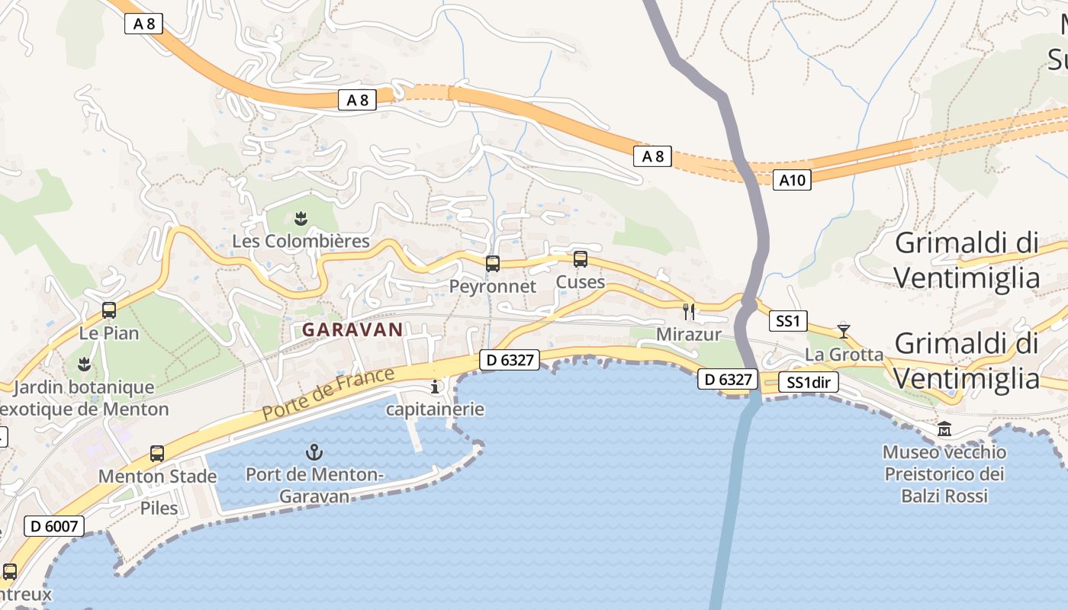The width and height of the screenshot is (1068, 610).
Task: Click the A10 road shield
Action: (x=791, y=180)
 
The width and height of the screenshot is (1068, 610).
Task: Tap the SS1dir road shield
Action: (x=809, y=383)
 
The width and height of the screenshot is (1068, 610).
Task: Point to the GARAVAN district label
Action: (x=352, y=329)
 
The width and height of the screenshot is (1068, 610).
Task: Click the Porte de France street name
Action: (x=329, y=393)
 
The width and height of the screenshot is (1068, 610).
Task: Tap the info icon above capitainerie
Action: (x=436, y=387)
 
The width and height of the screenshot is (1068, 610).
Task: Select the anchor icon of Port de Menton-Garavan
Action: (x=314, y=452)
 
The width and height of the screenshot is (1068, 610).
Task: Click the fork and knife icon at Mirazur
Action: (x=689, y=311)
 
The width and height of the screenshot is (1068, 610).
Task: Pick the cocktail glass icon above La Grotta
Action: (x=843, y=331)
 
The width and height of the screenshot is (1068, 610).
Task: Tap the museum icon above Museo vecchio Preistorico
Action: (x=944, y=429)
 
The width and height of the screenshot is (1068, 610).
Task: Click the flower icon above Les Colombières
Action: (x=301, y=220)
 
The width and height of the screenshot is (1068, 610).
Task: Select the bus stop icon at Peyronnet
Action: (x=493, y=264)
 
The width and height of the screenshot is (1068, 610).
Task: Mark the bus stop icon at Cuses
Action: (x=581, y=259)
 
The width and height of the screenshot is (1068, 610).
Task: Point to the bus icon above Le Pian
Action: (x=109, y=310)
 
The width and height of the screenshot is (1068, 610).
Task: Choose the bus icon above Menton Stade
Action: (x=157, y=454)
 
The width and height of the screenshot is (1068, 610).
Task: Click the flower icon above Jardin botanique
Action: (x=85, y=364)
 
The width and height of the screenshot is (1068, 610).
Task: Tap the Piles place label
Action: (x=159, y=508)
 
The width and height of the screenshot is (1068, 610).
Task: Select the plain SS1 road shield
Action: (x=787, y=321)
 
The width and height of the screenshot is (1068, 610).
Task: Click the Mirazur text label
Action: (x=678, y=335)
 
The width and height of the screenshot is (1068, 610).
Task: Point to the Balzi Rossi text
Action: (x=944, y=496)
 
